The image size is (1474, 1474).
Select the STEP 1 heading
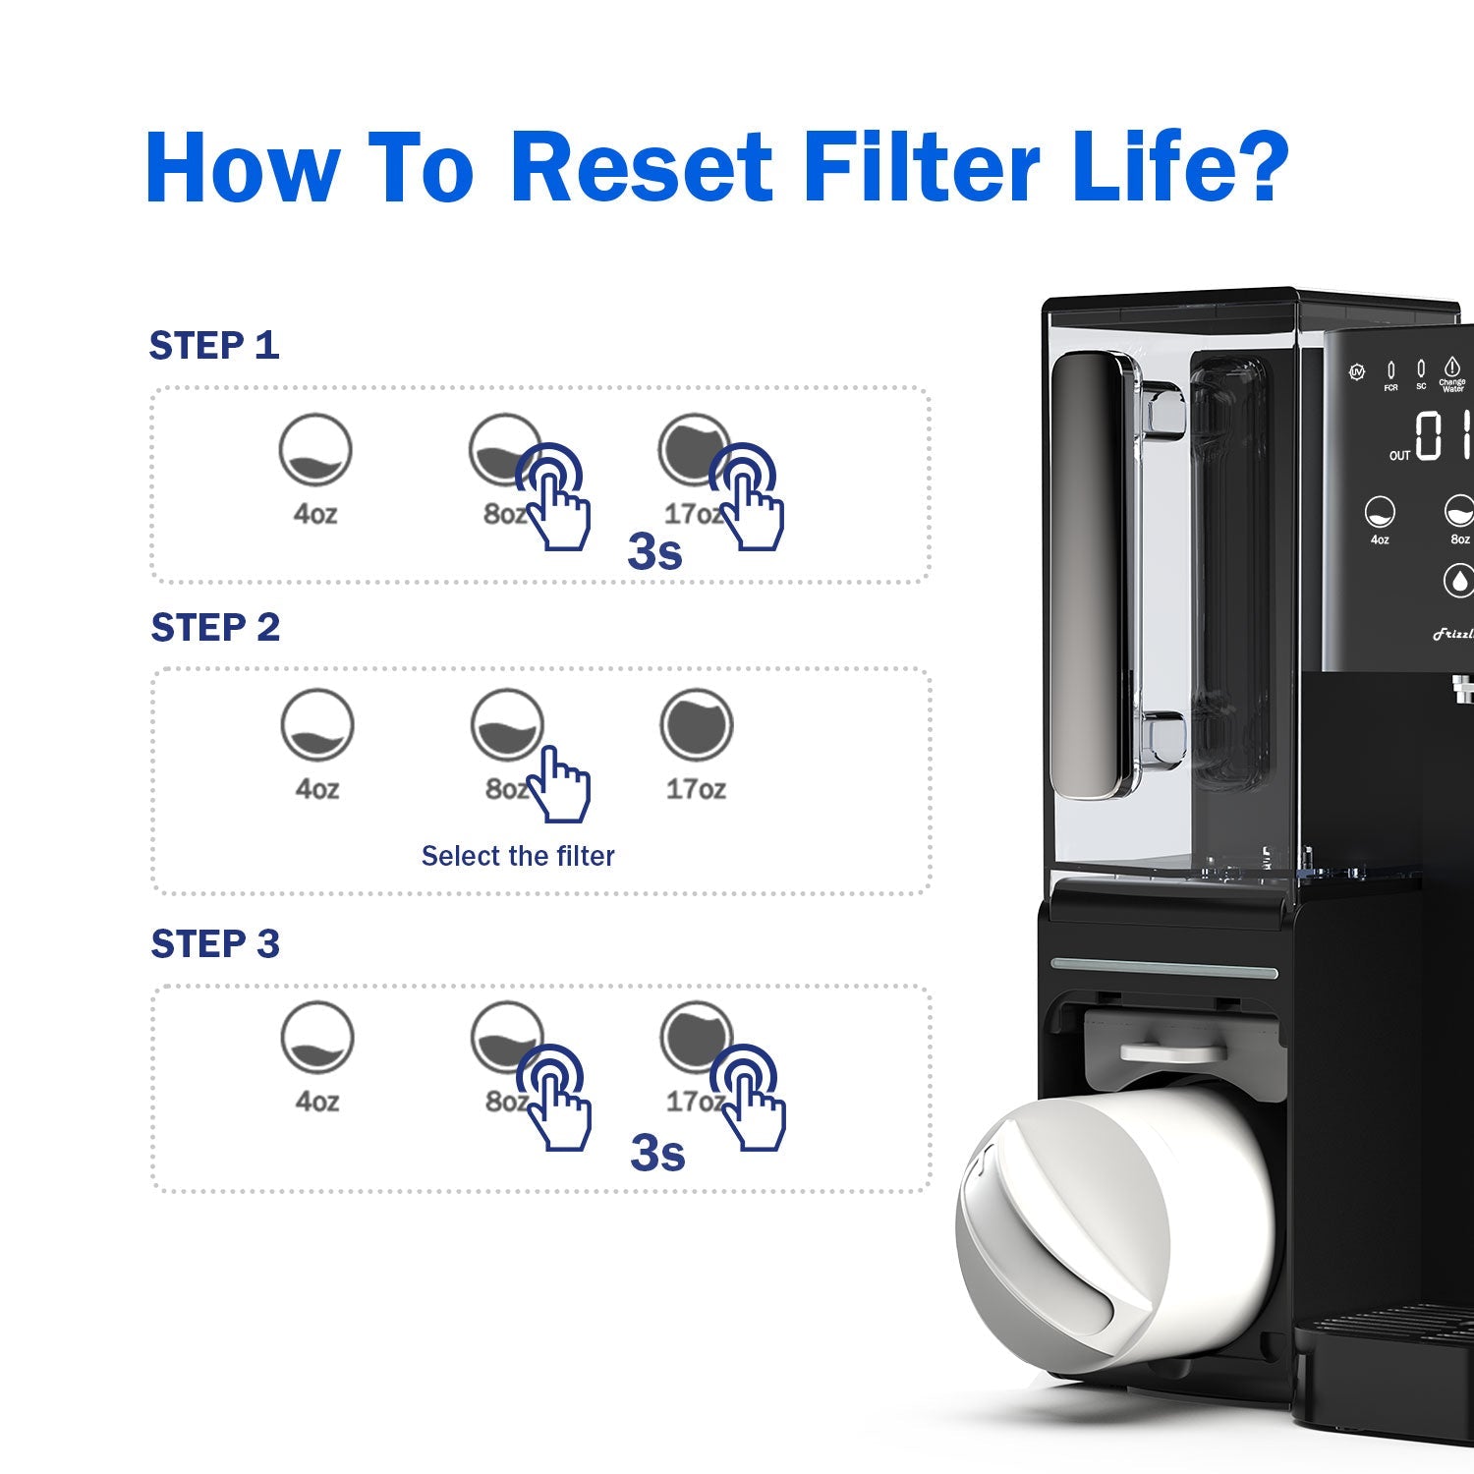click(x=214, y=346)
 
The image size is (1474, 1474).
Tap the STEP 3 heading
click(x=215, y=944)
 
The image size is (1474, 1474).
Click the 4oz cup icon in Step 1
click(x=314, y=449)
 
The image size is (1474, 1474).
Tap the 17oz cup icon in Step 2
click(x=696, y=725)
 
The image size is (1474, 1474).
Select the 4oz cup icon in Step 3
click(x=316, y=1038)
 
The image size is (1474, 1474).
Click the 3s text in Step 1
click(x=654, y=552)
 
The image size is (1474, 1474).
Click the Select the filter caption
click(x=518, y=857)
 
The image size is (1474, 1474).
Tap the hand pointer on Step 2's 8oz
click(x=560, y=785)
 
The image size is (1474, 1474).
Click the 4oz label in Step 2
click(x=317, y=789)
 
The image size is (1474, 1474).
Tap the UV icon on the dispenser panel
click(x=1357, y=372)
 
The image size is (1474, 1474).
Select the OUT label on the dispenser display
click(x=1399, y=456)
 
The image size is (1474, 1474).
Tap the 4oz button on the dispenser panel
click(x=1380, y=512)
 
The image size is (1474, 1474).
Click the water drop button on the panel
click(x=1459, y=580)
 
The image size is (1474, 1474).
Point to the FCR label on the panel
click(x=1390, y=388)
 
